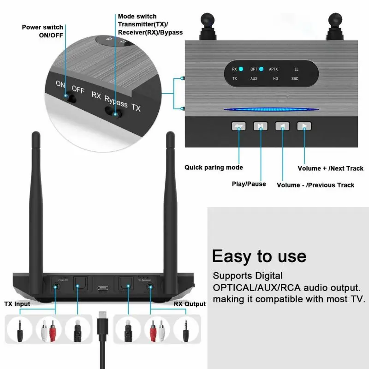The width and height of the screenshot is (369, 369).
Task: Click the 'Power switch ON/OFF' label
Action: (x=43, y=31)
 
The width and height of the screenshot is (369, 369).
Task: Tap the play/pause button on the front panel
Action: (x=260, y=126)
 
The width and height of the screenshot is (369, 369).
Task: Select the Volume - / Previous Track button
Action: (x=282, y=126)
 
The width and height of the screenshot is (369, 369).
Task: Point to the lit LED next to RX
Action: (x=240, y=70)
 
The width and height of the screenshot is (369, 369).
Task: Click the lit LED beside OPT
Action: (x=262, y=70)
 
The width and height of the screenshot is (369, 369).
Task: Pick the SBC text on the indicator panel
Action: (x=295, y=79)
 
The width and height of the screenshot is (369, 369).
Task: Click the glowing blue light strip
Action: (x=271, y=110)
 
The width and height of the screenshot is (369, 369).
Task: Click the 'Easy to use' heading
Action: (x=259, y=256)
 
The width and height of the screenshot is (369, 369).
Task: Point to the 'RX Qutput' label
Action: (x=190, y=304)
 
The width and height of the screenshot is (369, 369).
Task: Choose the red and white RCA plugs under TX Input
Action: (x=48, y=329)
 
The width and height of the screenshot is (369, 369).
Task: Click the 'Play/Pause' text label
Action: (x=249, y=184)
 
